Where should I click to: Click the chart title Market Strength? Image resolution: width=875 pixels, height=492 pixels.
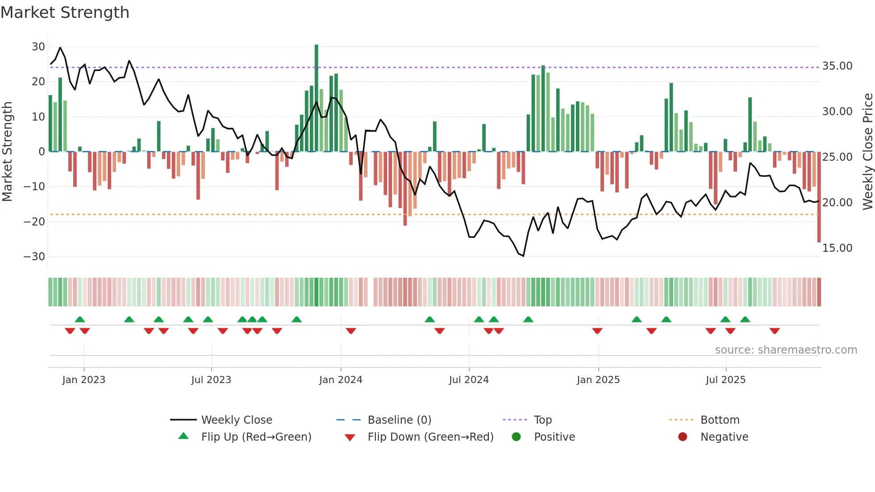click(x=65, y=13)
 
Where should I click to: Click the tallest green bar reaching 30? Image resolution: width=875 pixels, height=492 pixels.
click(x=317, y=98)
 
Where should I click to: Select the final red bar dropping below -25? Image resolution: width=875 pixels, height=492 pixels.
click(x=819, y=197)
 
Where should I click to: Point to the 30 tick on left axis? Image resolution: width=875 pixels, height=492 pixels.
click(x=38, y=47)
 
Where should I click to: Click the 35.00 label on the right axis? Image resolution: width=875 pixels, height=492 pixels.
click(x=837, y=66)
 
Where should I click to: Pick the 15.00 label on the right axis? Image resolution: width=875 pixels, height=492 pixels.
click(x=837, y=248)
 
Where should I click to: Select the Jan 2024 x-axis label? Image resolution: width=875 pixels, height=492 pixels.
click(x=341, y=380)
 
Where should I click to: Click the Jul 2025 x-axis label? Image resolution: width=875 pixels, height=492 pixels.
click(x=725, y=380)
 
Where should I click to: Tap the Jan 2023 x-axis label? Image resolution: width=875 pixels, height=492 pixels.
click(x=84, y=380)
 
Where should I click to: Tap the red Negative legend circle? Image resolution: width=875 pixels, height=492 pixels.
click(x=683, y=437)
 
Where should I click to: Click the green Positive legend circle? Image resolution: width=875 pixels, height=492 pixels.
click(x=516, y=437)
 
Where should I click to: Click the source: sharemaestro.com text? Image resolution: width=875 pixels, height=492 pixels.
click(x=786, y=350)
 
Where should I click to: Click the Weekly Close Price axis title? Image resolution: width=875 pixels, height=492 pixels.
click(x=867, y=152)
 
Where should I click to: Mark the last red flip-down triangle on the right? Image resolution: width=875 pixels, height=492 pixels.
click(x=775, y=331)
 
